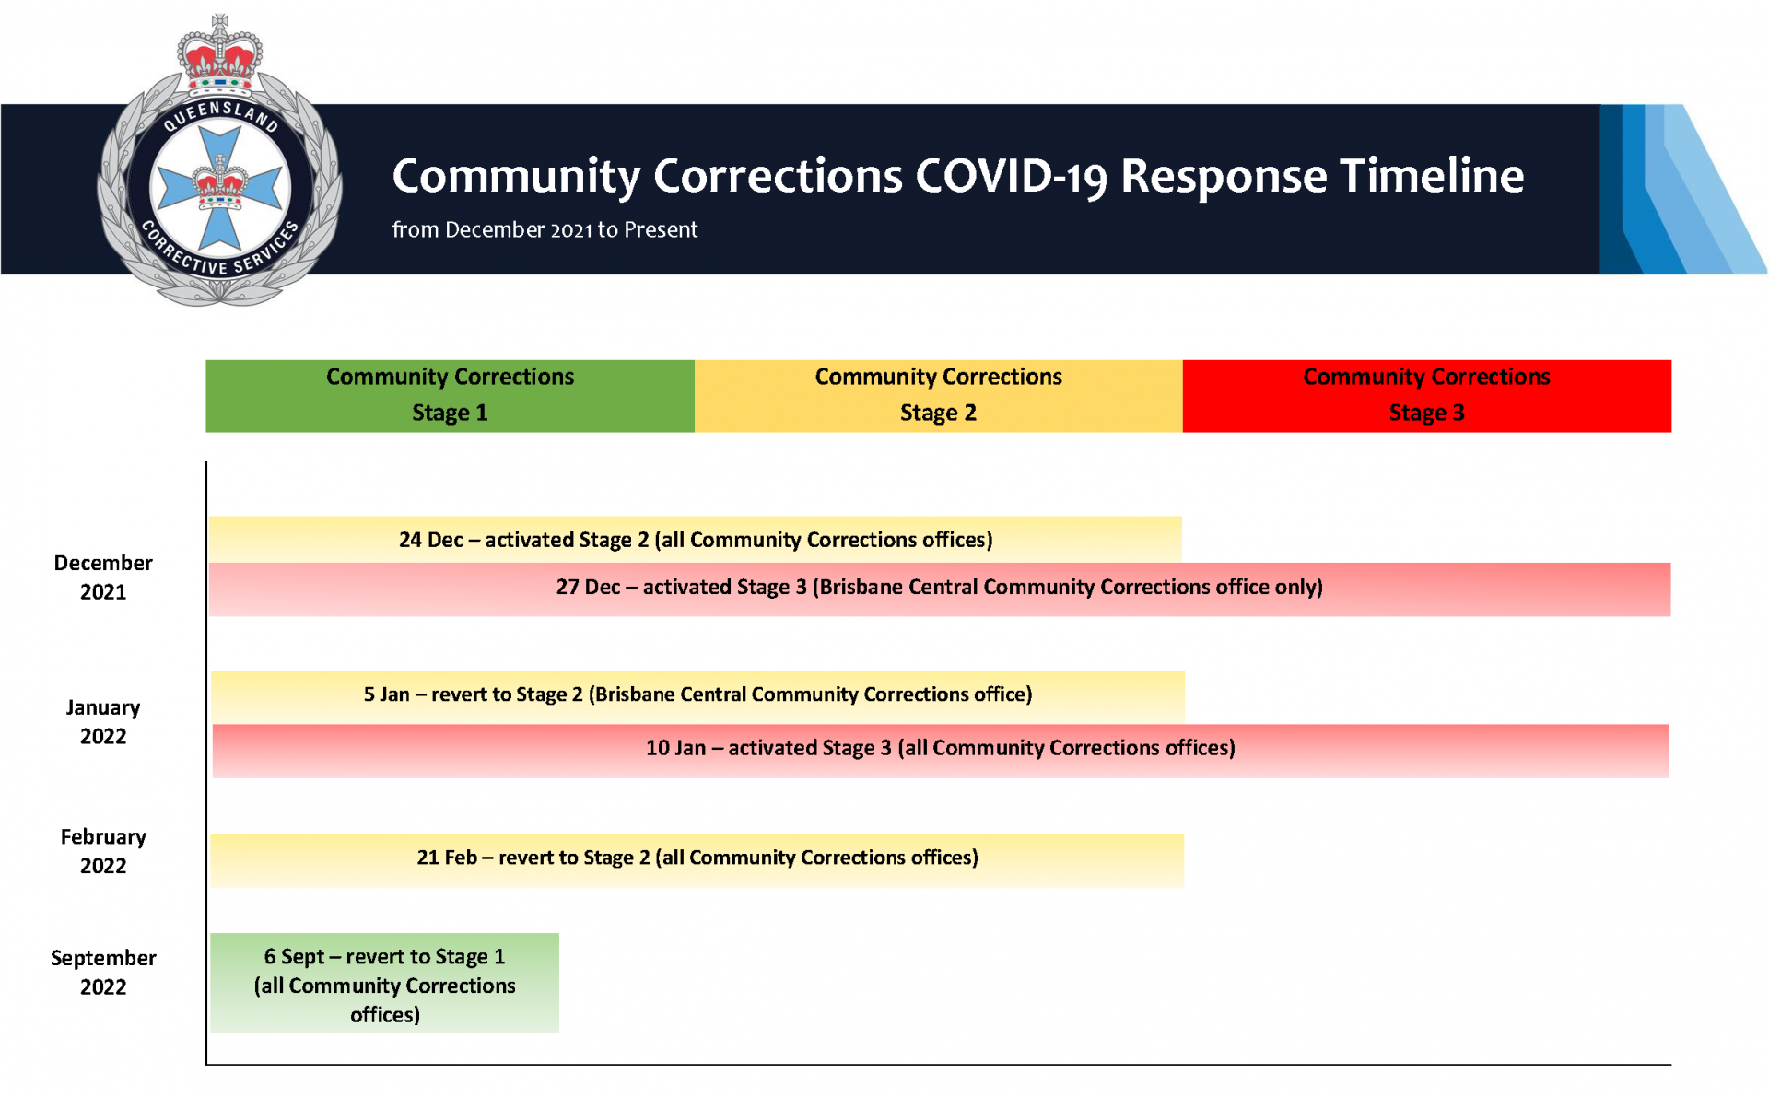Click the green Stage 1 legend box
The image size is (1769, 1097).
pos(450,395)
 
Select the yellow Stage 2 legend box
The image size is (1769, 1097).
pos(938,395)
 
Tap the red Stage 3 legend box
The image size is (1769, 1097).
pos(1426,395)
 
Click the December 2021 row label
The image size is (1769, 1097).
pos(103,578)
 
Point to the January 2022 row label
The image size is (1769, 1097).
pos(103,722)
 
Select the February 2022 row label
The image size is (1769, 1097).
pos(103,851)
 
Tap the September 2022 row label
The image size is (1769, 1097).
pos(103,973)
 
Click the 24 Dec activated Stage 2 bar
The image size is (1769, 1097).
pos(696,540)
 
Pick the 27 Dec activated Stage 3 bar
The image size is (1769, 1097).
pos(939,588)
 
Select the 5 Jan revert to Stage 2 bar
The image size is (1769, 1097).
pos(697,695)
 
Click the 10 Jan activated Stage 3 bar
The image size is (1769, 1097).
pos(940,749)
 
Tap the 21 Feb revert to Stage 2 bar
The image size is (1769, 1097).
pos(697,858)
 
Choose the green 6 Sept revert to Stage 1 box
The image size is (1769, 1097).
pos(384,984)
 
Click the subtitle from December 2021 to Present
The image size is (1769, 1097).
pos(545,229)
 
